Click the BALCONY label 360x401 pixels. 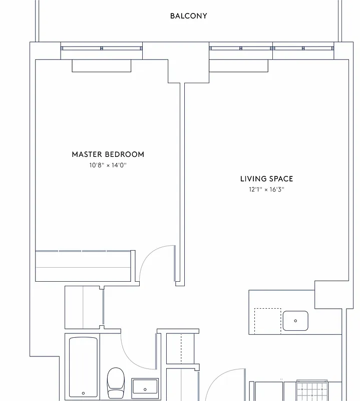pos(188,16)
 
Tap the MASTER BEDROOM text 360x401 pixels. pos(108,154)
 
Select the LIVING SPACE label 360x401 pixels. pos(266,179)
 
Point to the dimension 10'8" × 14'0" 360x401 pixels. pos(108,164)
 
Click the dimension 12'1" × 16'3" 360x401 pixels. pos(266,189)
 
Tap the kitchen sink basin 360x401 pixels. pos(295,321)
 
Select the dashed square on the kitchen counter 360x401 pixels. pos(267,321)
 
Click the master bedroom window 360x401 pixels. pos(102,48)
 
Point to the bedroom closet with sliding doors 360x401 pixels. pos(84,266)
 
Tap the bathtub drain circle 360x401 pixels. pos(83,392)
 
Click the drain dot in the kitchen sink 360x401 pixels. pos(295,321)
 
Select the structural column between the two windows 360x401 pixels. pos(188,63)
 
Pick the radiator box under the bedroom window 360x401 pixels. pos(102,65)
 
